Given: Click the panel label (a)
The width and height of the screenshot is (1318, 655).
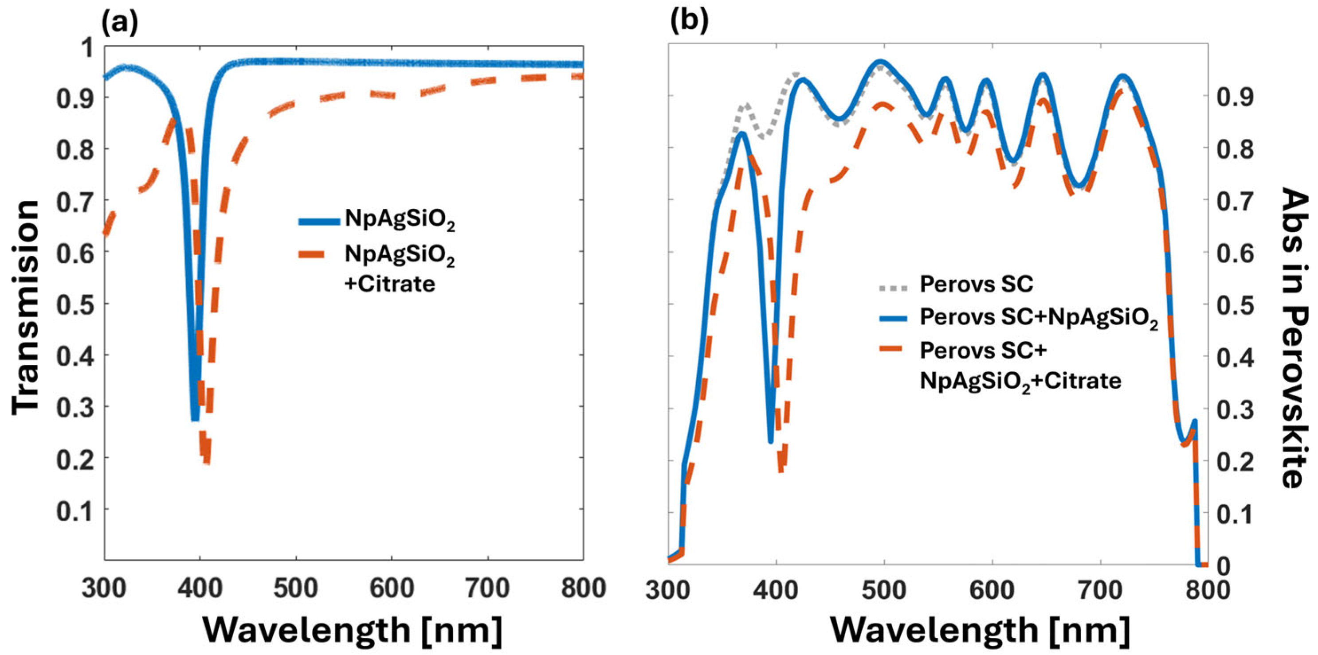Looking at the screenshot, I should pos(120,23).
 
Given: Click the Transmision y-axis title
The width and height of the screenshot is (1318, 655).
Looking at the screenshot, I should pos(26,307).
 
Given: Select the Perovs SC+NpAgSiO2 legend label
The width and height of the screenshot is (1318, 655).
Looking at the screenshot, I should pos(1039,318).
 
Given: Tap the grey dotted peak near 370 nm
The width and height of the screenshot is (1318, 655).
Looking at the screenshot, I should pos(745,105).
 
